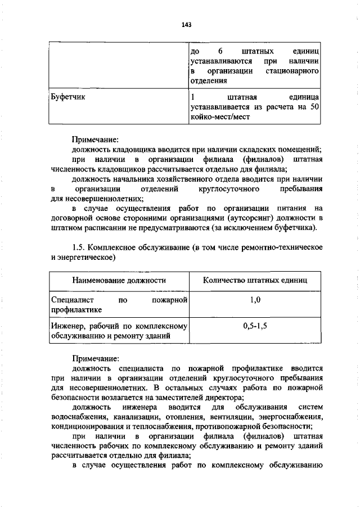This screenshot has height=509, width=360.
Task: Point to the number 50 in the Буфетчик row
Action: pyautogui.click(x=314, y=107)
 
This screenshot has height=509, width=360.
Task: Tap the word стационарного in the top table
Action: pyautogui.click(x=292, y=71)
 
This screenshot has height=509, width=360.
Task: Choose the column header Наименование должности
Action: pyautogui.click(x=119, y=280)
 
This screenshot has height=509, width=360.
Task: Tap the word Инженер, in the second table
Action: pyautogui.click(x=68, y=326)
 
